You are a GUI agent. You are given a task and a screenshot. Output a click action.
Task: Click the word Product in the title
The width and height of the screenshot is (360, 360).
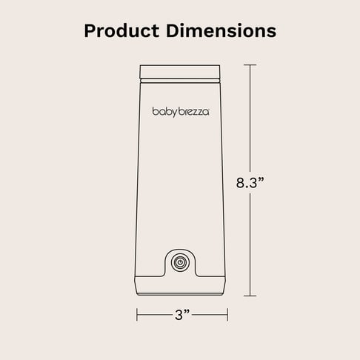(121, 31)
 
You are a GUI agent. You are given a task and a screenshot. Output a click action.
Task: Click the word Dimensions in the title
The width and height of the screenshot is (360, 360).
(221, 31)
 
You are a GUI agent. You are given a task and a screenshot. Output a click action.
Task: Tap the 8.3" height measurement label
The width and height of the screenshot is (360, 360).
(250, 183)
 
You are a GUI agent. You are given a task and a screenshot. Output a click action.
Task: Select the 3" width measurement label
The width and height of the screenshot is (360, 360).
(182, 315)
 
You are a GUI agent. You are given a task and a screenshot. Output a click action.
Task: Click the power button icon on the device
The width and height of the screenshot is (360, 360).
(181, 262)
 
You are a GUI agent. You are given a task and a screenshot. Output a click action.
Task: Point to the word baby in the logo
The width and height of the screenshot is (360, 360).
(165, 112)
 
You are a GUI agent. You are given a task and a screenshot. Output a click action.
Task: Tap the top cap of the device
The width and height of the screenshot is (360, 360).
(180, 72)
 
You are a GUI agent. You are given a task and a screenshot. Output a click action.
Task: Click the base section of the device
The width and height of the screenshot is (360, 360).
(180, 286)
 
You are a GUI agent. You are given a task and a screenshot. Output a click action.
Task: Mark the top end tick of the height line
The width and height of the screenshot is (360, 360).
(250, 65)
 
